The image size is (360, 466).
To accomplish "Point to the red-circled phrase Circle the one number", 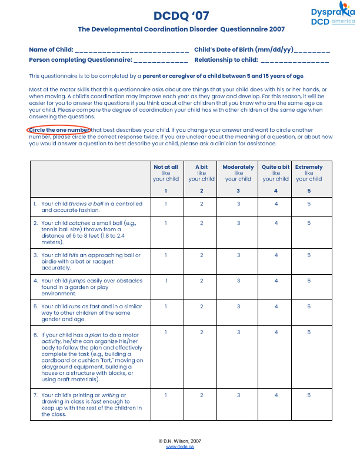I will point(58,129).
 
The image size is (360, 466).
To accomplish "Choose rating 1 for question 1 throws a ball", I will point(166,204).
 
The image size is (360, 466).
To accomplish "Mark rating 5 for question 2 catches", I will point(309,223).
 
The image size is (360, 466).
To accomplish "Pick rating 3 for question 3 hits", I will point(238,255).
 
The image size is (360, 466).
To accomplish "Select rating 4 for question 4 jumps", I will point(276,281).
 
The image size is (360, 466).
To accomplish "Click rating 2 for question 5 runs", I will point(202,307).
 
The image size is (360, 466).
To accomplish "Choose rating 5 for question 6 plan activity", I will point(309,333).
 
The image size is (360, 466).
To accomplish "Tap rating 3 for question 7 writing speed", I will point(238,395).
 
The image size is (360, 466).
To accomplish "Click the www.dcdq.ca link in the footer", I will point(180,447).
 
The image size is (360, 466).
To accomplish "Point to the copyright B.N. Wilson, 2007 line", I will point(180,441).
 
